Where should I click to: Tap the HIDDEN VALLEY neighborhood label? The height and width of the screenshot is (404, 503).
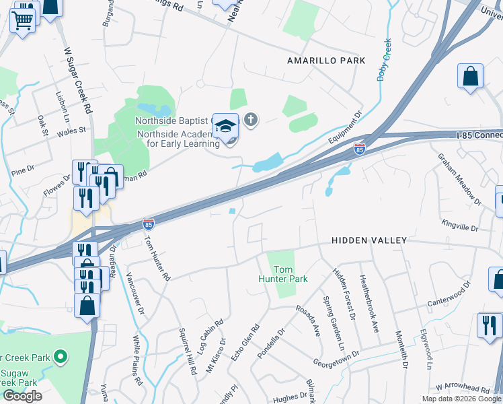point(369,240)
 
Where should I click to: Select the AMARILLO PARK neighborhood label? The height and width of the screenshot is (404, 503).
point(326,61)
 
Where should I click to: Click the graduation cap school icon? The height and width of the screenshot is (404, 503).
point(227,125)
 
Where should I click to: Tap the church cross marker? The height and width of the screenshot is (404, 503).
point(251,121)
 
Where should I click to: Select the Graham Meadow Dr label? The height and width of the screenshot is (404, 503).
point(460,178)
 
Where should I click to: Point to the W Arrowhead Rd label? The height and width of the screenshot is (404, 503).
point(462,389)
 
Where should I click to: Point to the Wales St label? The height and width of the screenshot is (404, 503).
point(73,130)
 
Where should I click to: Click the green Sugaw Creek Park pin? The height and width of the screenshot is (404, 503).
point(61,356)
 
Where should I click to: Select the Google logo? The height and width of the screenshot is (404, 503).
point(22,396)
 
